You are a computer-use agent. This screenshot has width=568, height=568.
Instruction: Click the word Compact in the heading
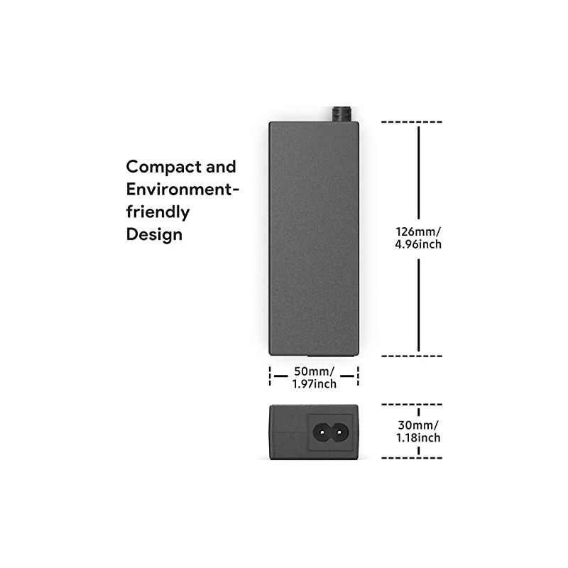point(163,168)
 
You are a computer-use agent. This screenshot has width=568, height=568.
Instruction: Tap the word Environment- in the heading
point(182,190)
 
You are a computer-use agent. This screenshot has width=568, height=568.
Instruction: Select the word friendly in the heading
point(158,212)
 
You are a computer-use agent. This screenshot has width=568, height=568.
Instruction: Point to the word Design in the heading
point(154,234)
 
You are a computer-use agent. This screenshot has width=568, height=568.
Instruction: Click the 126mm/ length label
point(419,231)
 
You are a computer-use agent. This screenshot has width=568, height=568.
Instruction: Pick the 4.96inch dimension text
point(419,245)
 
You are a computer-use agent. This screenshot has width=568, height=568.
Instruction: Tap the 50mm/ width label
point(314,371)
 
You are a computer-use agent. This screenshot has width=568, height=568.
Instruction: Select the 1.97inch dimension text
point(314,384)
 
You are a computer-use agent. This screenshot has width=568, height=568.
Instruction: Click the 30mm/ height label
point(419,425)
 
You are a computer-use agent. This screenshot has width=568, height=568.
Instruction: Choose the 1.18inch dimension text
point(419,438)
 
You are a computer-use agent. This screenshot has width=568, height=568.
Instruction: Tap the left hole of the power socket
point(322,431)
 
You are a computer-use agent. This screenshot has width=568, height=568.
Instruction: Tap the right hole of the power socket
point(339,431)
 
